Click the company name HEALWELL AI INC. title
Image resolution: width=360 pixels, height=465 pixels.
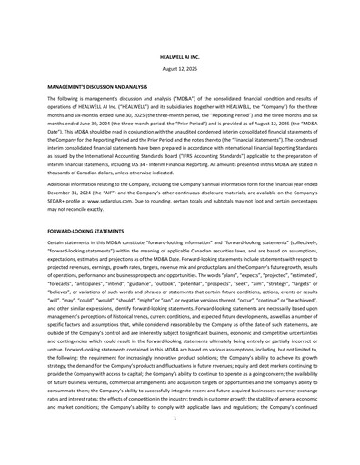179,56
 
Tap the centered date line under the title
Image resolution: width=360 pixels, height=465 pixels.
179,69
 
